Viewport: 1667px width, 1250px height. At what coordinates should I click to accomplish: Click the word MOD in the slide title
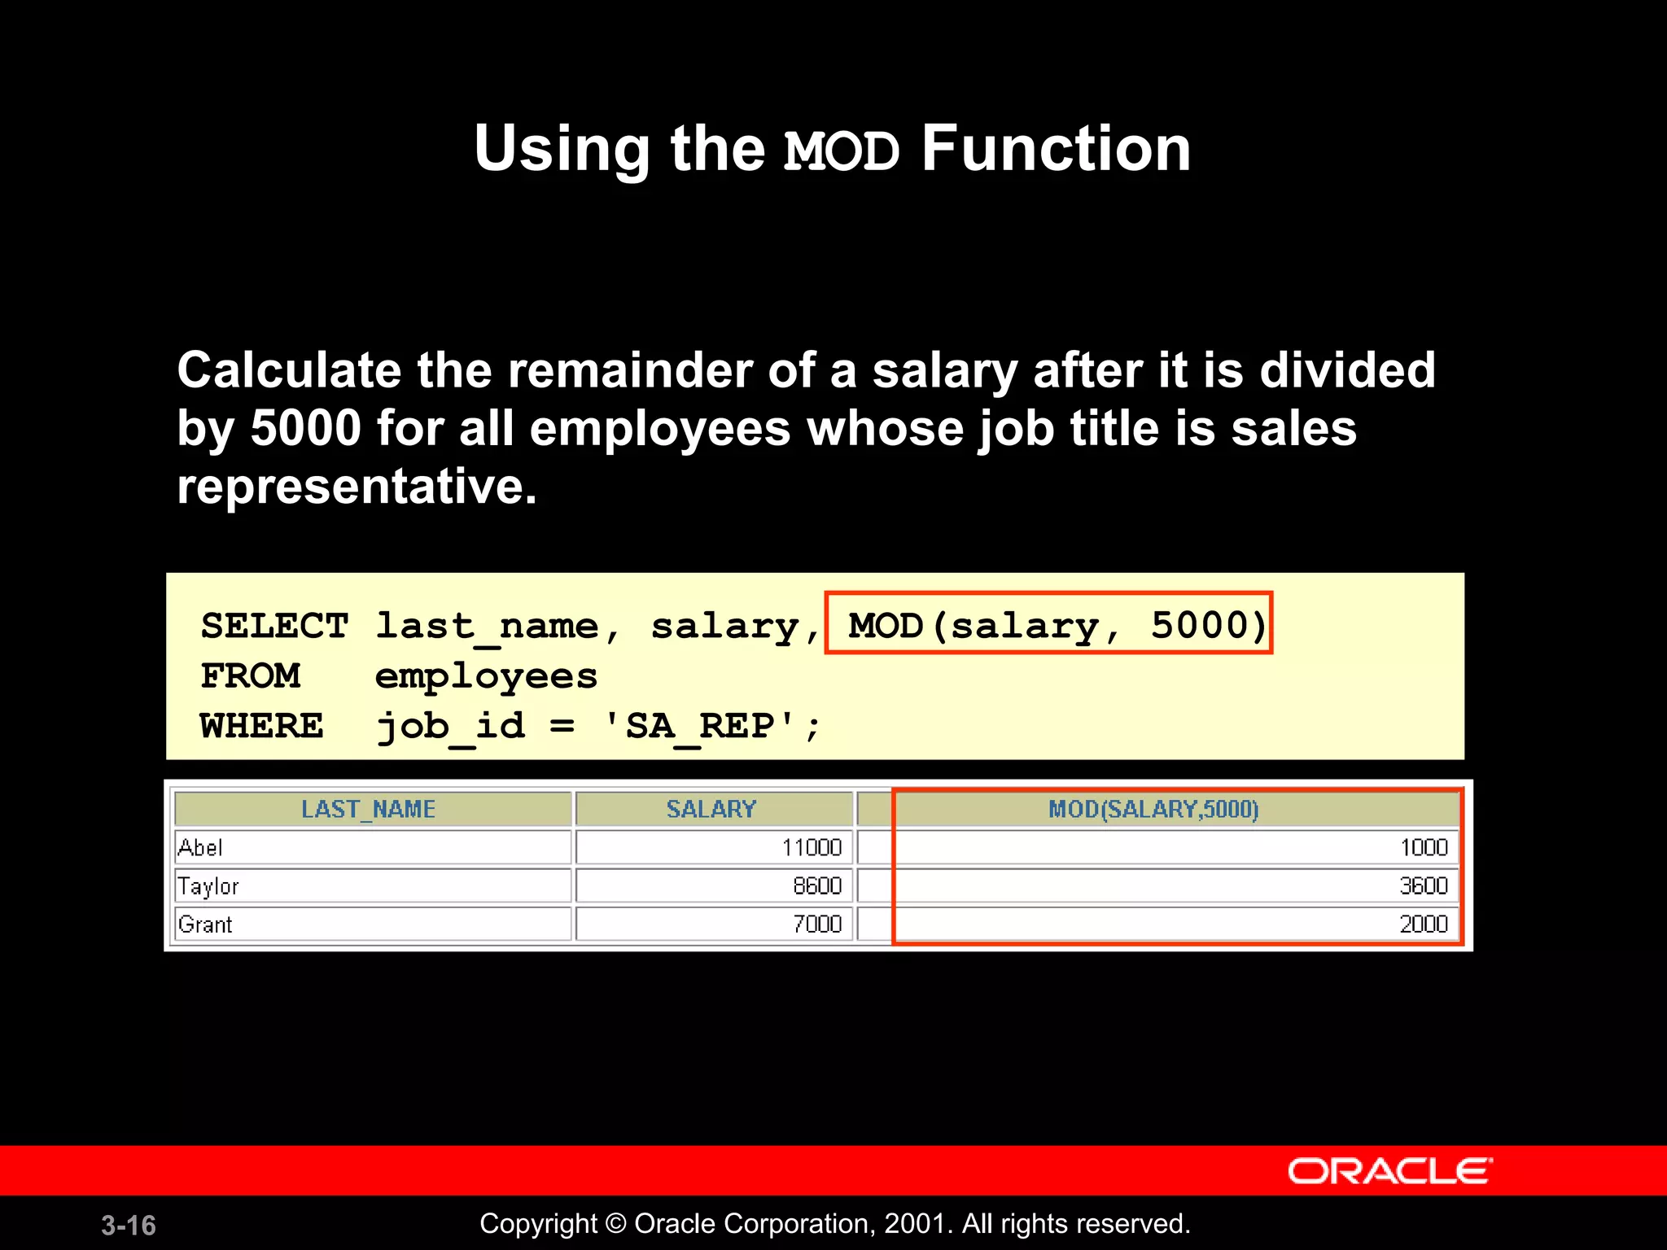(841, 151)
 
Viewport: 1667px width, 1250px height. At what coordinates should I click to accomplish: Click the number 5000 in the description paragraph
(305, 428)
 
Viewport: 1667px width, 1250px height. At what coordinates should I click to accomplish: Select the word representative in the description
(357, 487)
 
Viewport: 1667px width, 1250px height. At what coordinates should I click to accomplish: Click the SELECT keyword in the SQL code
(274, 626)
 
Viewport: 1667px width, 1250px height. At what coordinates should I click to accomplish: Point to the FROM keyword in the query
(250, 676)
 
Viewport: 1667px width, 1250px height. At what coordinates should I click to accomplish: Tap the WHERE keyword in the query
(261, 726)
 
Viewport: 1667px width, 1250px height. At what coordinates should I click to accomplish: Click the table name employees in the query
(486, 677)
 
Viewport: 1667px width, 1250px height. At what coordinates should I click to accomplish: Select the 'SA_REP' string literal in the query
(700, 726)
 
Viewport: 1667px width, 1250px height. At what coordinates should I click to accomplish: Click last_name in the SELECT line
(487, 627)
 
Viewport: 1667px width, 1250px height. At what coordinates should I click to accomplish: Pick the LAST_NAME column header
(368, 809)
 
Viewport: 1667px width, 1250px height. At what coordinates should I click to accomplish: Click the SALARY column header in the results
(711, 809)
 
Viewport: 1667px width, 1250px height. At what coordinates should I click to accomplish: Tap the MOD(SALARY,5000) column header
(1153, 809)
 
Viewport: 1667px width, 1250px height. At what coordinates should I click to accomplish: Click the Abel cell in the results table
(200, 848)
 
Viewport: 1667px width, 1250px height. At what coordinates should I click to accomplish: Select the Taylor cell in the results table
(208, 886)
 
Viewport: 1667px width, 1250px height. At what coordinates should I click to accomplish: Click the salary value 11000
(812, 848)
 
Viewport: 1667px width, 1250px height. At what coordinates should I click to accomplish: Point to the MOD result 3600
(1424, 886)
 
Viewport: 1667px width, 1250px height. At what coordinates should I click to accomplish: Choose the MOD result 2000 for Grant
(1424, 924)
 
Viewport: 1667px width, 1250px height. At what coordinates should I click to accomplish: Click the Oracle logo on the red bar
(1389, 1171)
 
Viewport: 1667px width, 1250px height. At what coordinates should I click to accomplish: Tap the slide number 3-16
(129, 1226)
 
